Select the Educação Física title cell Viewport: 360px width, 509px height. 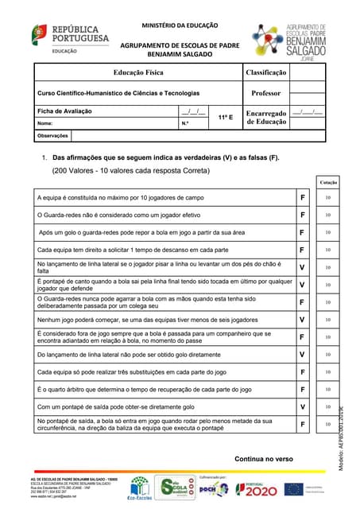tap(139, 72)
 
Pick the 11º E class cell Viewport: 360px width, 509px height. tap(225, 117)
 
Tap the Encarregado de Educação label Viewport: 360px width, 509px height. tap(266, 118)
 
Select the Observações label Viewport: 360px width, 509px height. tap(55, 137)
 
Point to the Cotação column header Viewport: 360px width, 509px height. tap(328, 182)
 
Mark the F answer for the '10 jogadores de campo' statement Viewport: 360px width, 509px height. tap(302, 197)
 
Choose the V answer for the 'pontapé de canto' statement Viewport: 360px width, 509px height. tap(302, 285)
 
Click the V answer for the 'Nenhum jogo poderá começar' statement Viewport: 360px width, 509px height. tap(302, 320)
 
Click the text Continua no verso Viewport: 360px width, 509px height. tap(264, 459)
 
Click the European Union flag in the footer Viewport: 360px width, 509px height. tap(293, 489)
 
